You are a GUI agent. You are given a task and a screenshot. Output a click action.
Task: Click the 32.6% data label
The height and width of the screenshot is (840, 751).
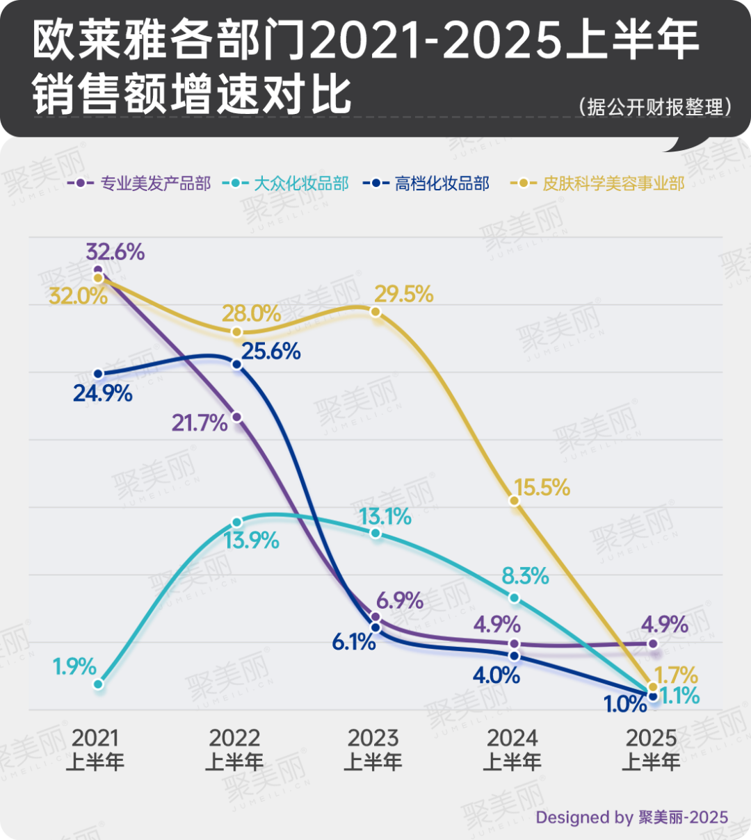click(115, 252)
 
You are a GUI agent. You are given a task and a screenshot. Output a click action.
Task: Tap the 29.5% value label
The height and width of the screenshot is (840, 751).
click(403, 295)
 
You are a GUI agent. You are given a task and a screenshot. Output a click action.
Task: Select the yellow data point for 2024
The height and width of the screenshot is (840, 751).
click(514, 500)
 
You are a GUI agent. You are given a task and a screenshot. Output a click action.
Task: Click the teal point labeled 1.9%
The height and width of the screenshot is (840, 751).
click(98, 684)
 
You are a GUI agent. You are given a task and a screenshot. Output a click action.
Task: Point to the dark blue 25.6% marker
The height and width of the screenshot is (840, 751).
click(236, 365)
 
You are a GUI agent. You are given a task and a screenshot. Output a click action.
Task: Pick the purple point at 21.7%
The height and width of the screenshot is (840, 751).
click(236, 417)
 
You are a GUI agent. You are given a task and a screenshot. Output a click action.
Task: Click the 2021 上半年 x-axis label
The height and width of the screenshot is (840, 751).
click(95, 749)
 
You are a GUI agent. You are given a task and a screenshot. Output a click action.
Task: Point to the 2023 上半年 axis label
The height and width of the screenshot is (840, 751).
click(373, 749)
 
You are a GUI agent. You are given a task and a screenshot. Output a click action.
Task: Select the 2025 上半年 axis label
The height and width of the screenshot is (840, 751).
click(652, 749)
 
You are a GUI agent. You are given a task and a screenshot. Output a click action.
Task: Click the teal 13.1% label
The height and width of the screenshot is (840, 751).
click(385, 517)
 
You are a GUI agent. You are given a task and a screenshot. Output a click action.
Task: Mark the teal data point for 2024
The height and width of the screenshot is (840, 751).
click(514, 598)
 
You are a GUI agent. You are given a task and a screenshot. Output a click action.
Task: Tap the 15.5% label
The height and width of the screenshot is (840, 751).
click(542, 488)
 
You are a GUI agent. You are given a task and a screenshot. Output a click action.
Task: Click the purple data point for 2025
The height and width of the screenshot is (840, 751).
click(653, 643)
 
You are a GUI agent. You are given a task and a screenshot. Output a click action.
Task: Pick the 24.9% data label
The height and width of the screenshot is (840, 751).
click(103, 394)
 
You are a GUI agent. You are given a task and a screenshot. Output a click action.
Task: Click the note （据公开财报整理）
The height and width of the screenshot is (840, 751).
click(654, 107)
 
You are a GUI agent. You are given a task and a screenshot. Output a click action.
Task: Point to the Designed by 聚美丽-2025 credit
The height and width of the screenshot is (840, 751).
click(631, 817)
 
